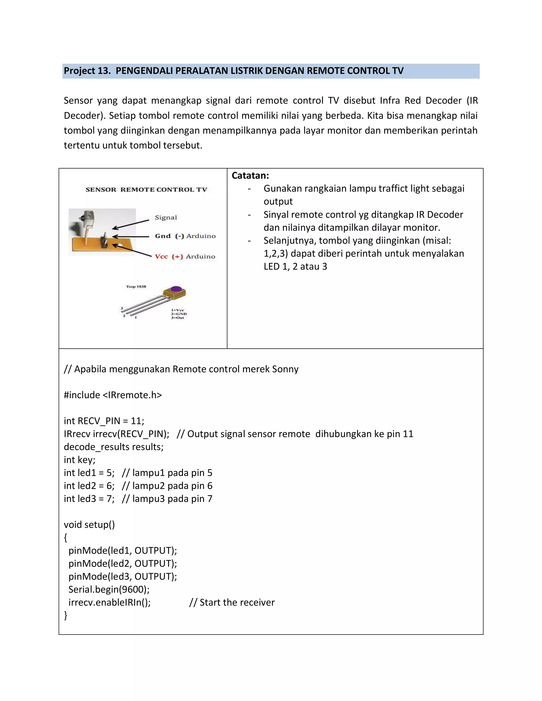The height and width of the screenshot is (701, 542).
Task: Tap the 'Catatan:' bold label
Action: pos(250,176)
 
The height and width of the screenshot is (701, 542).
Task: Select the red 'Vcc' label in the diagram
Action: pos(161,256)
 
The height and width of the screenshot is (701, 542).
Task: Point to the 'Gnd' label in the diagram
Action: pos(162,236)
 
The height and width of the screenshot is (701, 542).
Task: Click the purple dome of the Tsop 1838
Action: pos(175,289)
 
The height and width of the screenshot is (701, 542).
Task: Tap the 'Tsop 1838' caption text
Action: pos(136,286)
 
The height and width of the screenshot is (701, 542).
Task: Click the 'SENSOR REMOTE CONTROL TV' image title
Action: pos(146,189)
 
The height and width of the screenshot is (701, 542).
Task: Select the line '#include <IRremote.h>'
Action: pos(113,395)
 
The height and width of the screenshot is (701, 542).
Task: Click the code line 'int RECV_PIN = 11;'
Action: pos(104,421)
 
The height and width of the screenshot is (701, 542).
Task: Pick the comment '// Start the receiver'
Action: pos(232,602)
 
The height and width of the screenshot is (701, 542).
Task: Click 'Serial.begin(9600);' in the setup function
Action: pos(109,589)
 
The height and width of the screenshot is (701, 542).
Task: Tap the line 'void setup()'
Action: pos(89,525)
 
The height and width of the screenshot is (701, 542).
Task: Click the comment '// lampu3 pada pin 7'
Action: pos(167,498)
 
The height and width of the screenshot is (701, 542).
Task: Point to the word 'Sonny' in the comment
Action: pos(285,369)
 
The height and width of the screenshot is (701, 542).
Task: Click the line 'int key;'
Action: pos(80,460)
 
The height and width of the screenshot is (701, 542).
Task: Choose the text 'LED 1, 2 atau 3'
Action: pos(295,266)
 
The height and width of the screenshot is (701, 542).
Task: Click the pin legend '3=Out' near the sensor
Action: pos(178,318)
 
